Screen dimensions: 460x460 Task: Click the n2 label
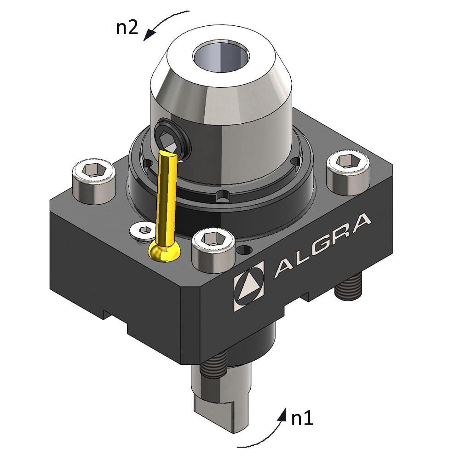coord(126,28)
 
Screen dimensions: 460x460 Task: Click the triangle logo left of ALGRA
coord(249,286)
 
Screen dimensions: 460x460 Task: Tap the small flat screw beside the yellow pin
coord(143,231)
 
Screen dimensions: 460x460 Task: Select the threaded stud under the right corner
coord(348,289)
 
